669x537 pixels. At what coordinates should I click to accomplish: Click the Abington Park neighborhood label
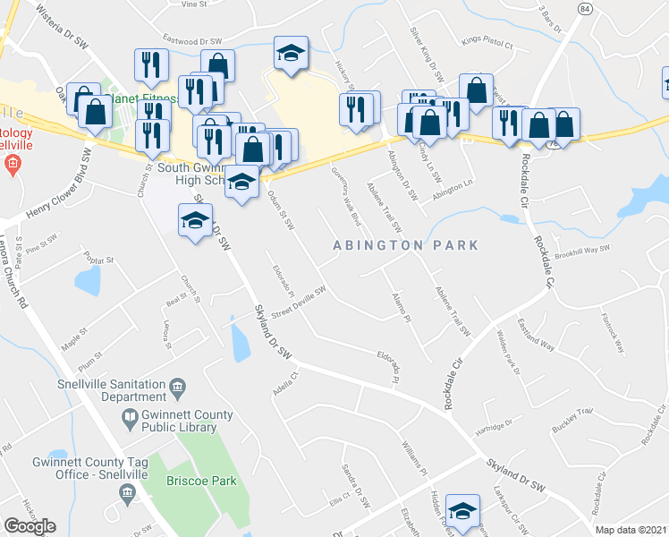(405, 244)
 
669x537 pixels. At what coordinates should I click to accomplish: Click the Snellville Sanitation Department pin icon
(177, 387)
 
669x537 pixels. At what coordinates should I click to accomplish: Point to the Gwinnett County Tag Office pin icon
(127, 490)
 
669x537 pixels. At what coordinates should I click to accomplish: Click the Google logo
(30, 526)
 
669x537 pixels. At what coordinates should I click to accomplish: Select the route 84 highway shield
(584, 8)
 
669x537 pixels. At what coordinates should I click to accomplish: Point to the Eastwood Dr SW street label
(191, 40)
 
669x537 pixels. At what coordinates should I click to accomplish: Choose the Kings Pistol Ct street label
(487, 41)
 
